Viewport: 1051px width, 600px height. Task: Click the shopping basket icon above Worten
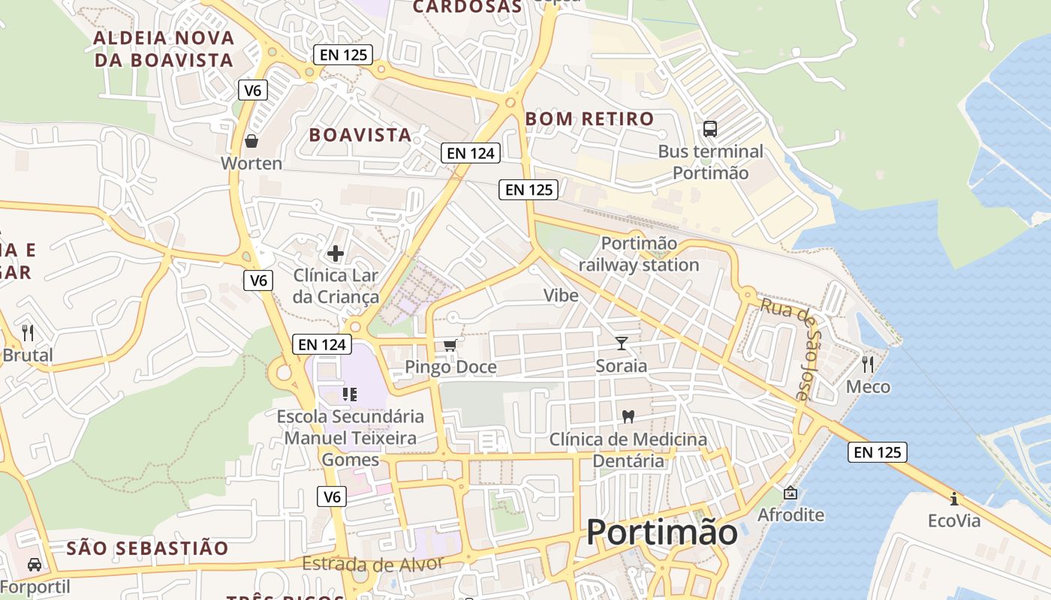click(251, 140)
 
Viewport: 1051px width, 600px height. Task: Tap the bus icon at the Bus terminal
click(710, 128)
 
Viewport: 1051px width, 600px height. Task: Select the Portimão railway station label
click(639, 254)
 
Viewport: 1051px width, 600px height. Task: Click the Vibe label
click(562, 295)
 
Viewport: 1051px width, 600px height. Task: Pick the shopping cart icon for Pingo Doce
click(450, 345)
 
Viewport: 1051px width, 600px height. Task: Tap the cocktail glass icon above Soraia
click(622, 343)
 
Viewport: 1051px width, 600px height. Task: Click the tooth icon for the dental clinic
click(628, 416)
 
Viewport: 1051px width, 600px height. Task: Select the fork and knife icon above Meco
click(868, 364)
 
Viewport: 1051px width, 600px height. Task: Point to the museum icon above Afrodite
click(790, 493)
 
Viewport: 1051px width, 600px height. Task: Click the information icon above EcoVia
click(954, 498)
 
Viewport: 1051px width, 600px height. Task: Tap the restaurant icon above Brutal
click(28, 332)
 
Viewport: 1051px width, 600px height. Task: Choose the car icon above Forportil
click(35, 564)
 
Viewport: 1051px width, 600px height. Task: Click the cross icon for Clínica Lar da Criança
click(336, 253)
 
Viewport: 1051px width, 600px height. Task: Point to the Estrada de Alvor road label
click(373, 562)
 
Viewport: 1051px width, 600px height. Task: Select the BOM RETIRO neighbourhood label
click(590, 118)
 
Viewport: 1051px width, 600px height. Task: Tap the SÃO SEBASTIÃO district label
click(147, 548)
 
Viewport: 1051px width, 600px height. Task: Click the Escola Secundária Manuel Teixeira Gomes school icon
click(349, 394)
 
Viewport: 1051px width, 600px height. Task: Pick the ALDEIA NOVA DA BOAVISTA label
click(164, 49)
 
